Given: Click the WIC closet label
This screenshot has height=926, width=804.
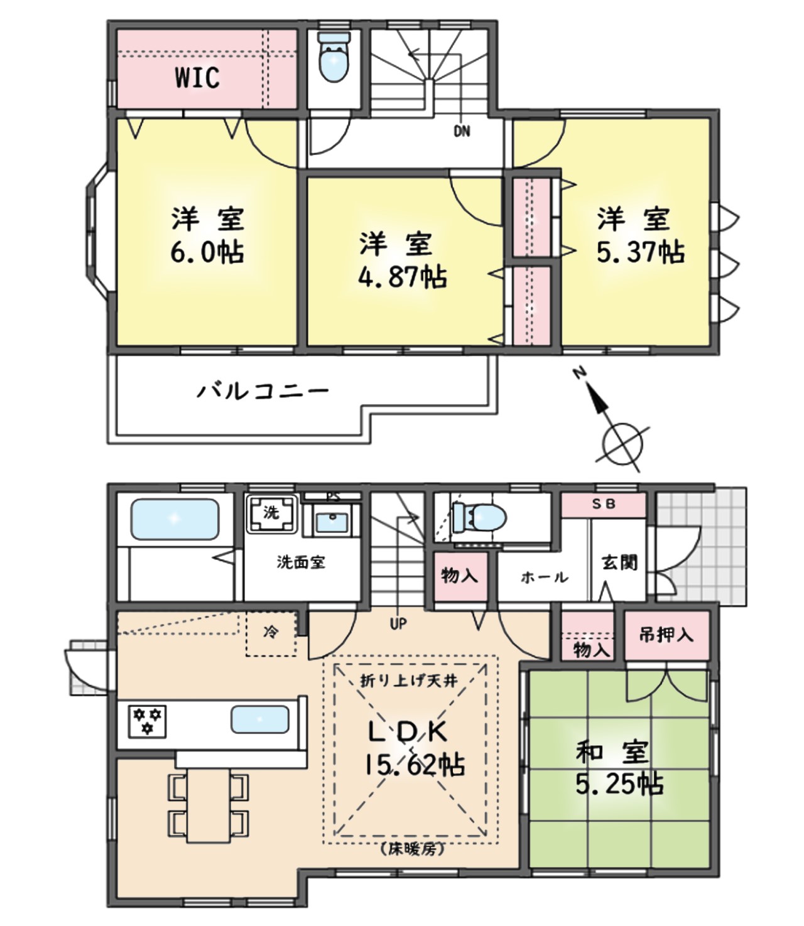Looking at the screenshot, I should pos(197,78).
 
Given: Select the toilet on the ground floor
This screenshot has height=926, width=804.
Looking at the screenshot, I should pos(480,518).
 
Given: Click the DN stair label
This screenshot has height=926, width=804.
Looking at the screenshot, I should pos(462,132).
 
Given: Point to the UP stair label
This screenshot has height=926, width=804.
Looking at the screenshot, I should pos(398,624).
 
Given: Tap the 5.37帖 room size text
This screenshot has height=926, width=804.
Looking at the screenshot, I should pos(640,252).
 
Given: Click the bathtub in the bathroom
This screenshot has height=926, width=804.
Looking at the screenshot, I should pos(175,519).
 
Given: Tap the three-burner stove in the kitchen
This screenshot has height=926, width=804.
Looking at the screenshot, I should pos(148,720).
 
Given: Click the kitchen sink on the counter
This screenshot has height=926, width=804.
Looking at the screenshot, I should pos(260,719).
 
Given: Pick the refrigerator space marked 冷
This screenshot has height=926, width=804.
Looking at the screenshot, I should pos(271,633).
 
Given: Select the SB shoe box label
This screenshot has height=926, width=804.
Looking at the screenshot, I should pos(604,504).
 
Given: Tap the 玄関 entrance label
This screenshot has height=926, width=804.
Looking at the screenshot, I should pos(619,563).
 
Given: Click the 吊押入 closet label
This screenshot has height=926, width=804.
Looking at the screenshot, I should pos(666,635).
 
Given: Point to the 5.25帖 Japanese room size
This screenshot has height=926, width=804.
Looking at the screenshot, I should pos(619,784).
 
